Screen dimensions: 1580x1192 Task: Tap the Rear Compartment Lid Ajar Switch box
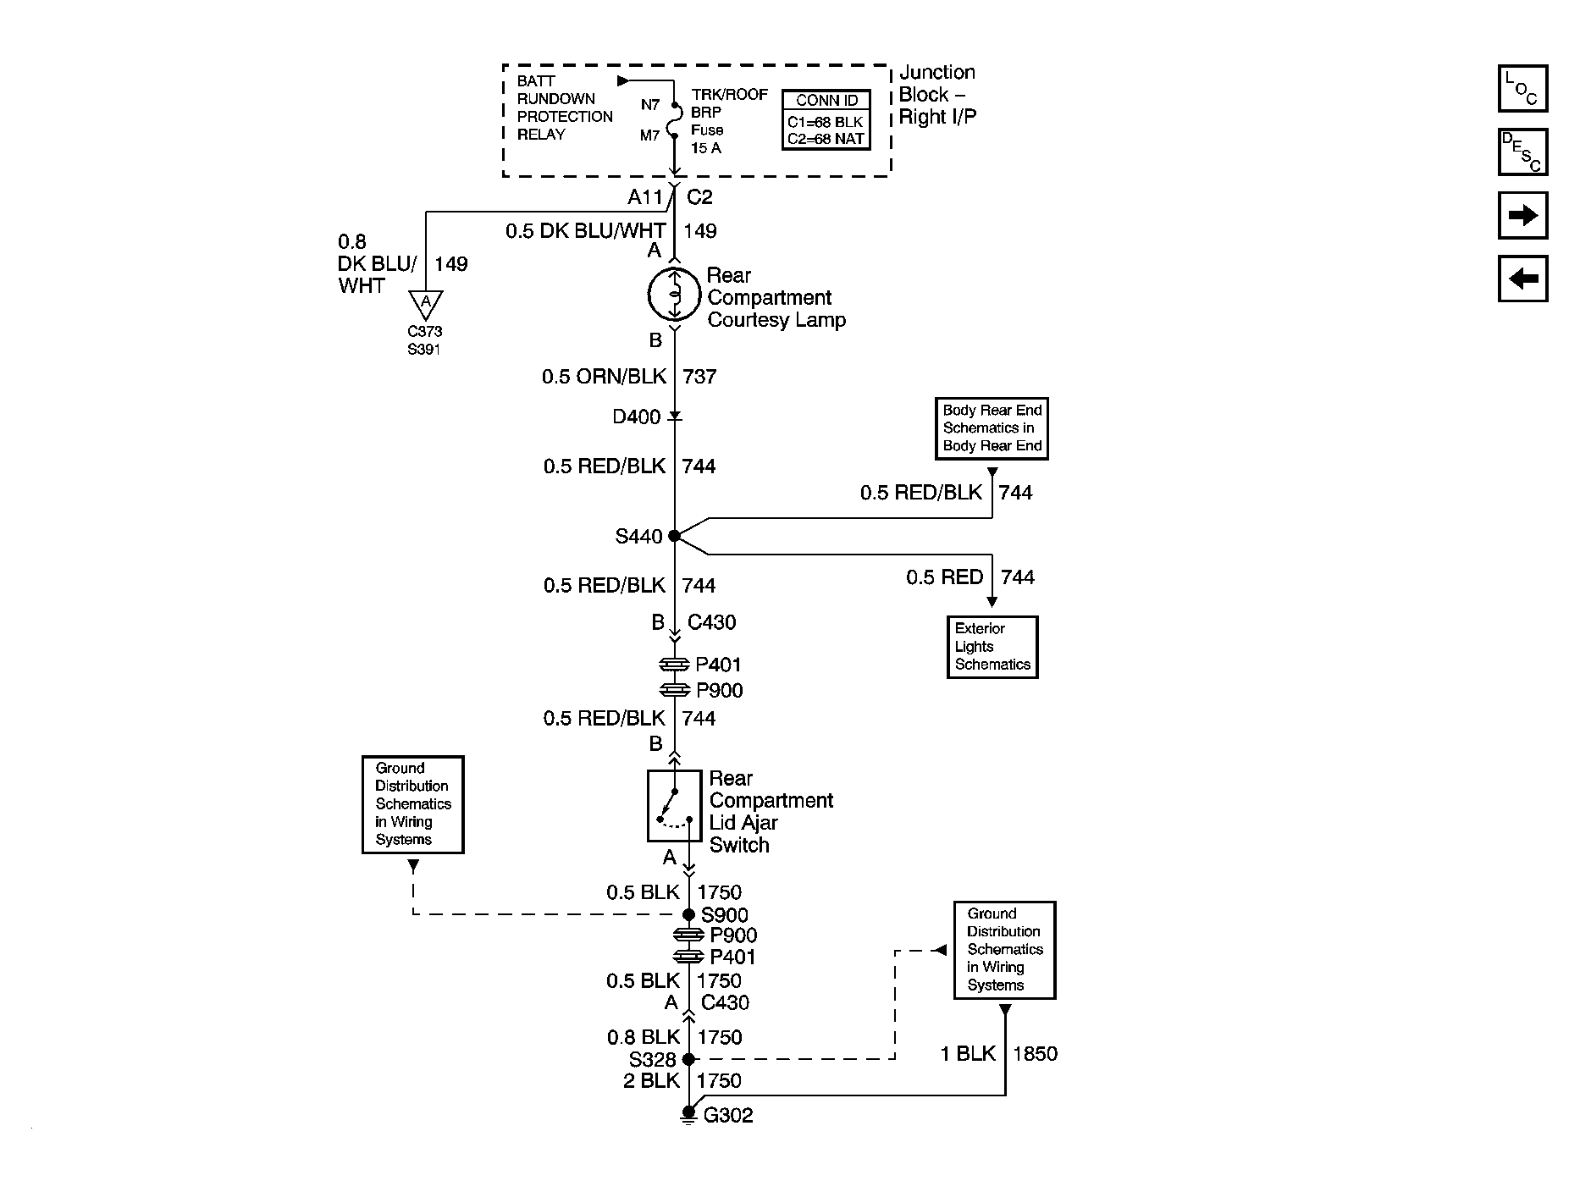[x=675, y=806]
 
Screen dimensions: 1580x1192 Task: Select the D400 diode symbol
[x=675, y=417]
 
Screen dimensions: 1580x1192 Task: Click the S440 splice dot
[x=674, y=536]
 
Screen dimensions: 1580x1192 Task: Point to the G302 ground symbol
[x=688, y=1116]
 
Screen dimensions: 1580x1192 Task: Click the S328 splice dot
[x=688, y=1059]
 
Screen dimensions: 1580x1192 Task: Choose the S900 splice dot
[x=688, y=914]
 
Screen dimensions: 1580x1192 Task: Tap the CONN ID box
[x=826, y=120]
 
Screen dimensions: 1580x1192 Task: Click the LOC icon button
[x=1522, y=89]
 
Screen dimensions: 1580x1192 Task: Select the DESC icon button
[x=1522, y=152]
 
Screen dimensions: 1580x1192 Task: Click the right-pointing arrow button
[x=1522, y=215]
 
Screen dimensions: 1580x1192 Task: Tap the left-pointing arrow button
[x=1522, y=279]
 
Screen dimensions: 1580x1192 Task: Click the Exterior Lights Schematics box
[x=992, y=647]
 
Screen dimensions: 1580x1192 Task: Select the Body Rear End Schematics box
[x=992, y=428]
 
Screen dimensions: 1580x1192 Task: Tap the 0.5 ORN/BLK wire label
[x=605, y=376]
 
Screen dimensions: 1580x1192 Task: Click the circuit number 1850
[x=1035, y=1054]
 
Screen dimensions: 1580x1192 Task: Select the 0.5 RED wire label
[x=944, y=577]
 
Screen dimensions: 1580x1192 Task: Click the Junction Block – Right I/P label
[x=937, y=95]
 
